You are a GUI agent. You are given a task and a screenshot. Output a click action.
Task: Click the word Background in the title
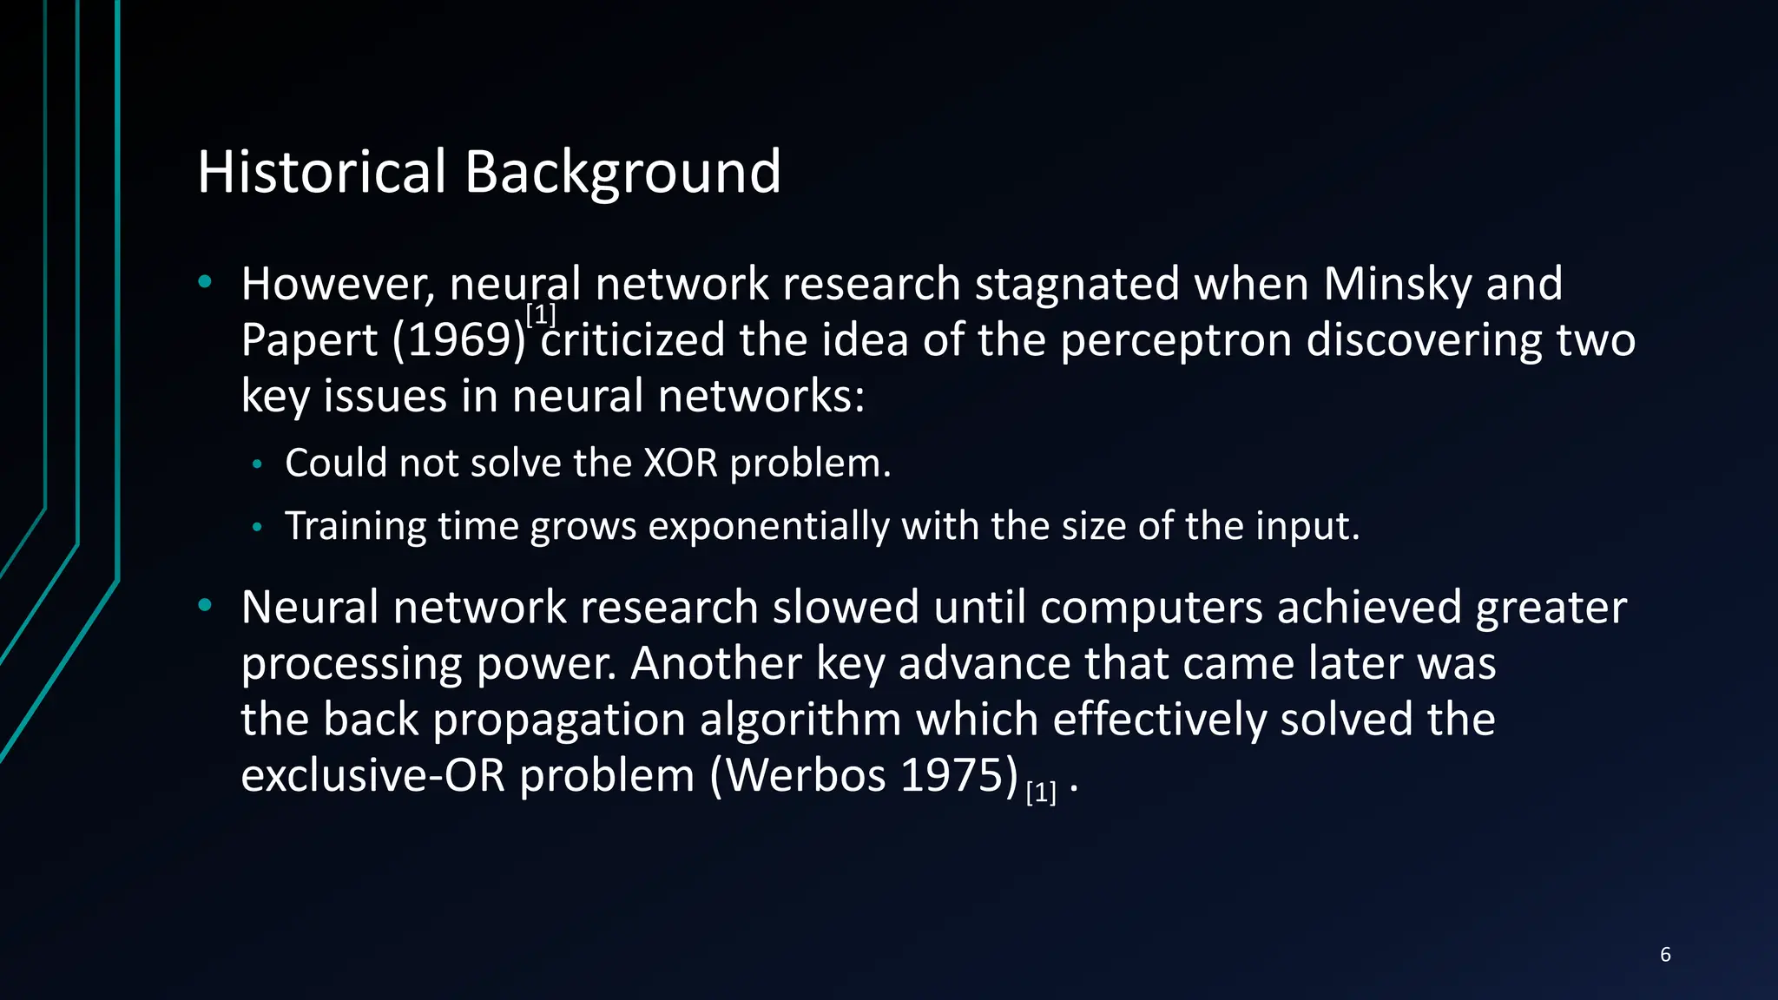point(622,173)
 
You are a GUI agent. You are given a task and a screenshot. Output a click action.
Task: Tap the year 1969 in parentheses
point(459,339)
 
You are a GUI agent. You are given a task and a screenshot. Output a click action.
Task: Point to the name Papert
point(309,340)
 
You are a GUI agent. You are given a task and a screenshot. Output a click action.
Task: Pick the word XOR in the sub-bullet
point(681,463)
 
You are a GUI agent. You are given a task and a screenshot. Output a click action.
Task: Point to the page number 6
point(1665,954)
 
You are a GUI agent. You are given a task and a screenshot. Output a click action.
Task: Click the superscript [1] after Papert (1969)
point(541,314)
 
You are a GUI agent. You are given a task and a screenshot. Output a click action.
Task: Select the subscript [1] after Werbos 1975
point(1041,792)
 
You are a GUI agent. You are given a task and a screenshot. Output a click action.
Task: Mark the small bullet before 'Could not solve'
point(256,465)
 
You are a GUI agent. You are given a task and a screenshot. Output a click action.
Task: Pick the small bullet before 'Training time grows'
point(256,528)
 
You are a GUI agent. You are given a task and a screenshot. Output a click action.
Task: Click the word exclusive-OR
point(372,774)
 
